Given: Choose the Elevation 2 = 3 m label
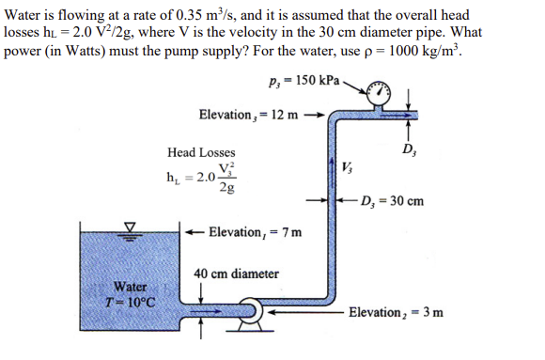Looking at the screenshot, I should (x=396, y=311).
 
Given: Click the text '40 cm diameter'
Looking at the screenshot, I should (x=236, y=274).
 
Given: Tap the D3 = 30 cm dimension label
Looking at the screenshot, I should (x=391, y=200).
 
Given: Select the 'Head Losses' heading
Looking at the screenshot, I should (x=202, y=152).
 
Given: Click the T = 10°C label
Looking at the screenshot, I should (x=129, y=302).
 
